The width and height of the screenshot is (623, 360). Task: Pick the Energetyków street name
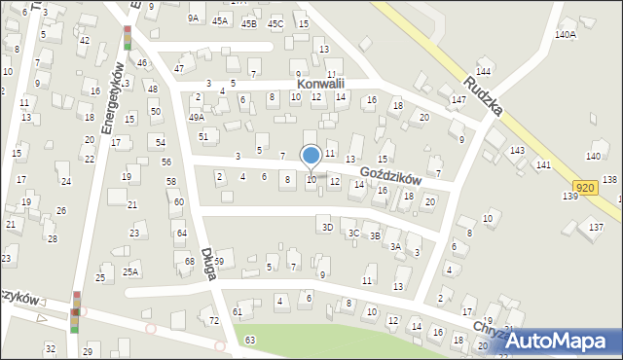coord(112,97)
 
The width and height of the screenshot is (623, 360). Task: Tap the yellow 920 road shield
coord(585,188)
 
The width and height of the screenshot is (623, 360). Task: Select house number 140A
coord(565,34)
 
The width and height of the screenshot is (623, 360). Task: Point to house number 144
coord(483,73)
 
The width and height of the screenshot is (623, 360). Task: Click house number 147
coord(458,100)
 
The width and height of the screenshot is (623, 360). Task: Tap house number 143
coord(517,150)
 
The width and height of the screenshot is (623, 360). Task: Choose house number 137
coord(596,227)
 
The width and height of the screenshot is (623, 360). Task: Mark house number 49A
coord(197,117)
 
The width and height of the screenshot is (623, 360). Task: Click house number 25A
coord(130,271)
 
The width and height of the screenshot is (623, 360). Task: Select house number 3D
coord(328,228)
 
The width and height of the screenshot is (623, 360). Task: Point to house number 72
coord(214,320)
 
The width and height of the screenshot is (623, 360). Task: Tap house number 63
coord(250,340)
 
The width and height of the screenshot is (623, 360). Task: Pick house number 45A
coord(220,20)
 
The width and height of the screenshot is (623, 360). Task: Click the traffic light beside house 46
coord(127,38)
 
